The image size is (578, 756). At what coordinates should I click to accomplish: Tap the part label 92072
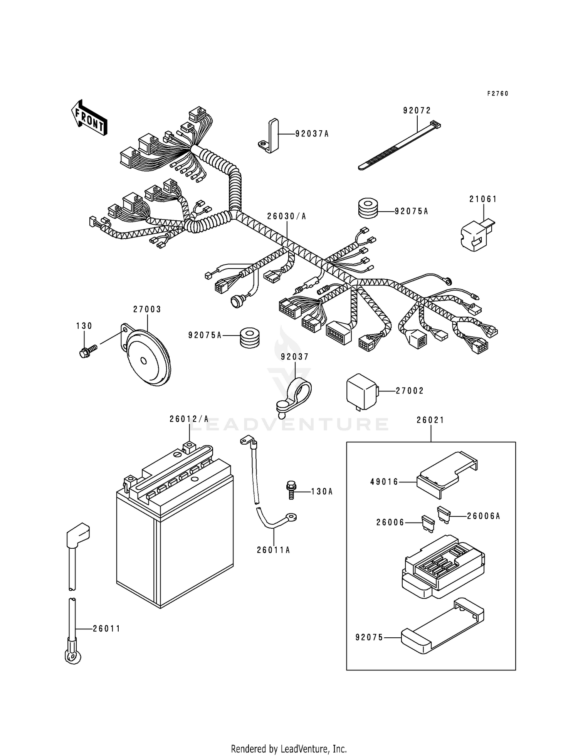tap(417, 111)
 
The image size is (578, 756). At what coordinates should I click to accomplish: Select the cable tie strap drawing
tap(399, 146)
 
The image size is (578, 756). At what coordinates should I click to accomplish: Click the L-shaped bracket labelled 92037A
tap(269, 136)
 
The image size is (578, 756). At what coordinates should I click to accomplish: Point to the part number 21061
tap(483, 199)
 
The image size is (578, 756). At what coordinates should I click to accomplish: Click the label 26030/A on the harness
tap(287, 217)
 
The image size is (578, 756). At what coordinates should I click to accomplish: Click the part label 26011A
tap(273, 550)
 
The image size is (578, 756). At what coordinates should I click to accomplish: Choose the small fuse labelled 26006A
tap(444, 514)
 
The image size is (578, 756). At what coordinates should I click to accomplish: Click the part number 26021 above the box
tap(430, 420)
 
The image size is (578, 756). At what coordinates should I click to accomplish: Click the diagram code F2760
tap(497, 94)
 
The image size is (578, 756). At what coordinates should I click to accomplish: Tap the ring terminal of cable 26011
tap(72, 655)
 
